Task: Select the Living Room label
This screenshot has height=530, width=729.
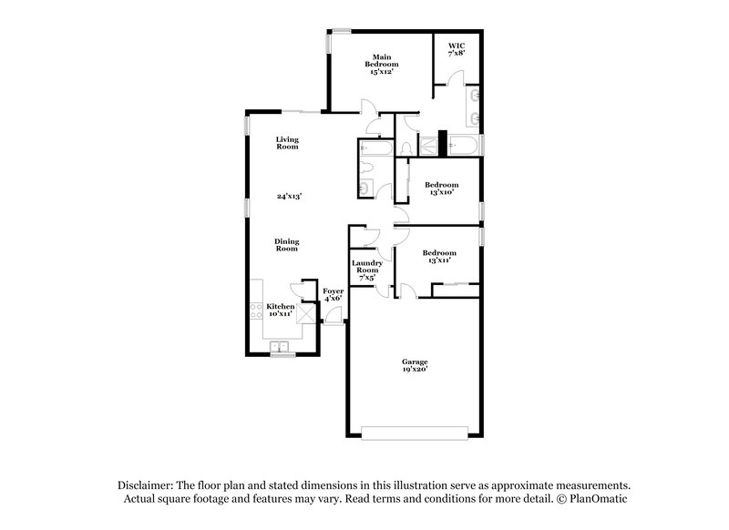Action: click(288, 143)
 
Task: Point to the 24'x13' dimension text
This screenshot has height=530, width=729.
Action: click(289, 196)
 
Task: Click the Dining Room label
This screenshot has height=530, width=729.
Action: click(288, 245)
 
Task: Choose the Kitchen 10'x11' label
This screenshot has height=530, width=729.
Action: click(280, 310)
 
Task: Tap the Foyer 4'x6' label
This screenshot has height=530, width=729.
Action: click(333, 294)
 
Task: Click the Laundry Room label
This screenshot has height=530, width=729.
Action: click(366, 270)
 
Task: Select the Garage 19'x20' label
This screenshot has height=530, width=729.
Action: click(415, 365)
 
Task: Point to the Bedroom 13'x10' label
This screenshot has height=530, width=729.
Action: click(442, 189)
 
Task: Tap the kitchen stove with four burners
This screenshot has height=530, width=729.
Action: click(255, 310)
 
